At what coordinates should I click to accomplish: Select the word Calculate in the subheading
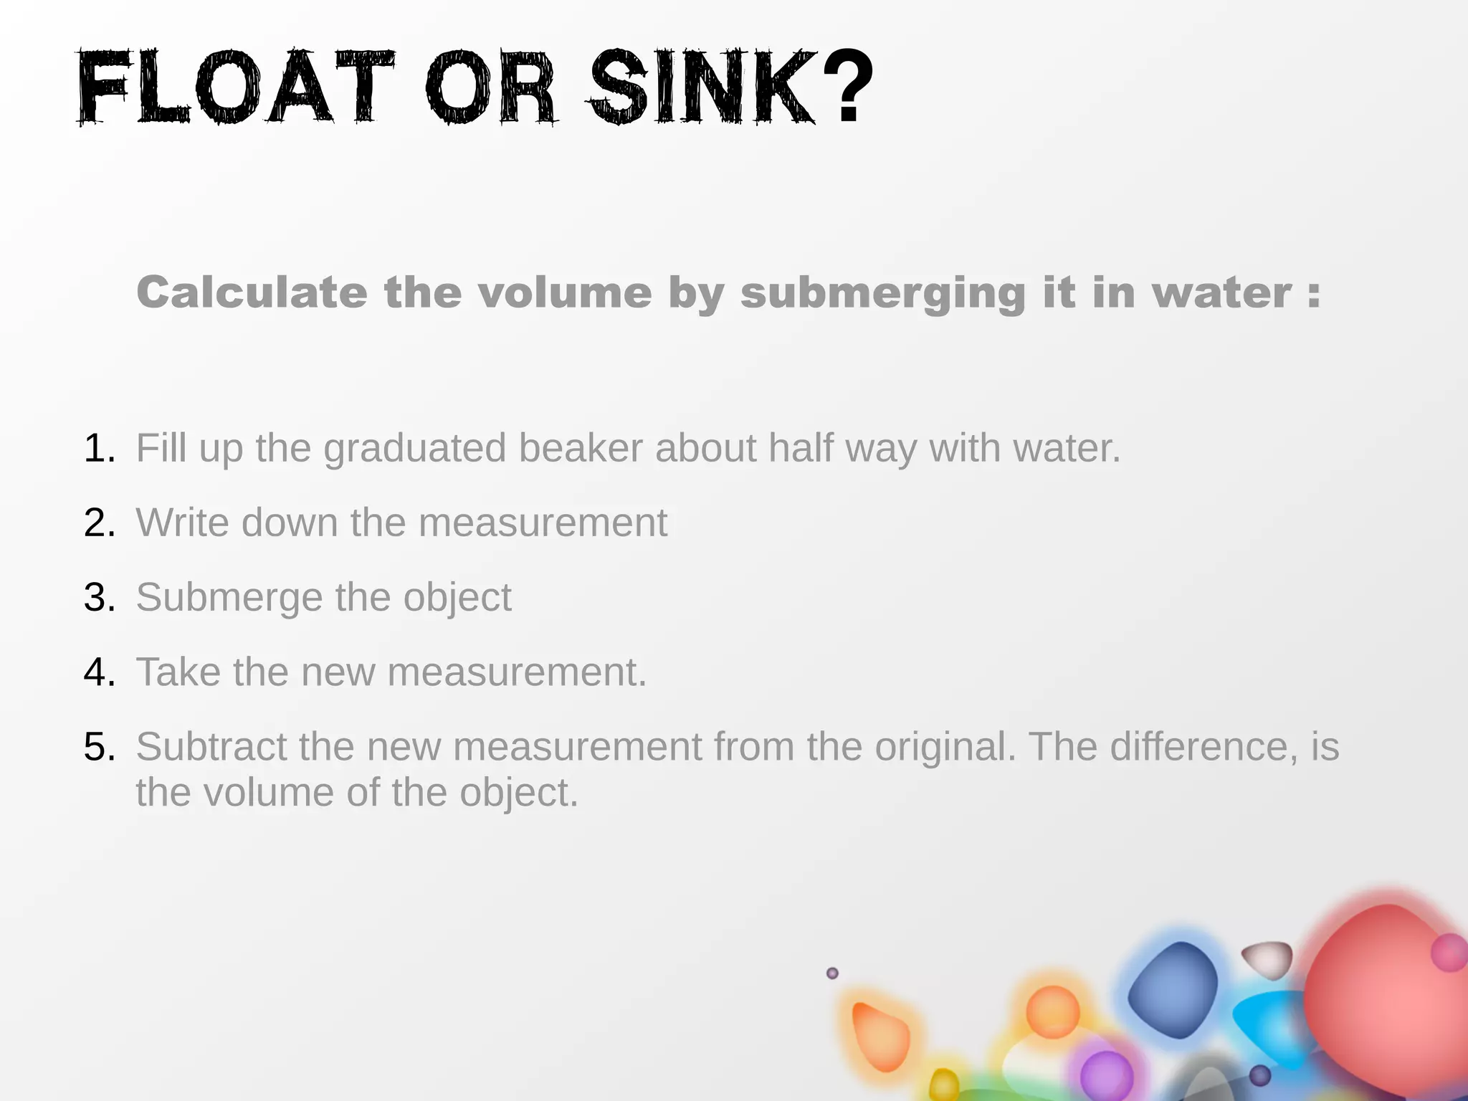252,292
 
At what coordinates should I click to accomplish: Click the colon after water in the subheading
1313,294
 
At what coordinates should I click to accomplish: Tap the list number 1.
99,449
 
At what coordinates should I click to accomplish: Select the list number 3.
99,598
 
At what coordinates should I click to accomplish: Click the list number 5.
99,747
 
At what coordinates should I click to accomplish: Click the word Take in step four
178,672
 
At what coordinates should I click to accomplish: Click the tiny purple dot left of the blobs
832,973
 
